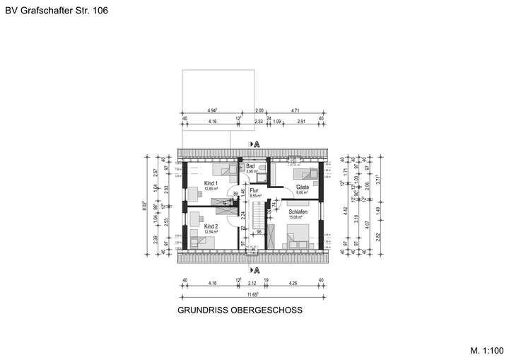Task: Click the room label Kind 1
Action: point(210,183)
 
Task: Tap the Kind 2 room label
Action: point(210,226)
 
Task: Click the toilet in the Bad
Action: point(262,167)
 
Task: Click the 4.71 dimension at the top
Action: point(296,111)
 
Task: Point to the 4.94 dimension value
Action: point(212,111)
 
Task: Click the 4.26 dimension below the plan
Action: point(293,283)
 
